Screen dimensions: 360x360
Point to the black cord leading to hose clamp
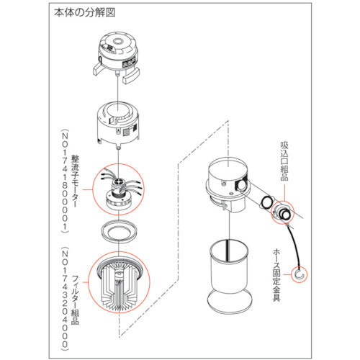[x=289, y=245]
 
